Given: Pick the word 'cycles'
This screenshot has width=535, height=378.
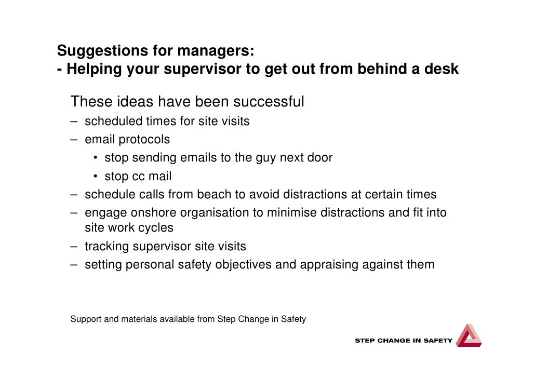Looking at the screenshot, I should pyautogui.click(x=155, y=228).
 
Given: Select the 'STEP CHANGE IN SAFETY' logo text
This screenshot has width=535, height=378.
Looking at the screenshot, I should pyautogui.click(x=404, y=341).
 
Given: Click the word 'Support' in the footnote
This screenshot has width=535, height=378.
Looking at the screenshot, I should pyautogui.click(x=86, y=319).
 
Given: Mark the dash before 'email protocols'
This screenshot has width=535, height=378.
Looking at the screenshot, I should pyautogui.click(x=75, y=140).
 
